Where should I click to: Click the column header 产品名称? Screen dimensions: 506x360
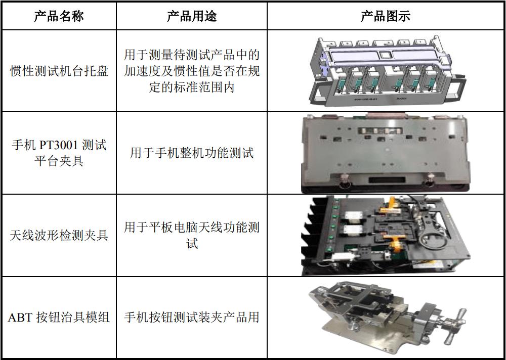pyautogui.click(x=59, y=16)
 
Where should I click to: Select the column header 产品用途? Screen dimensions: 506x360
pyautogui.click(x=192, y=16)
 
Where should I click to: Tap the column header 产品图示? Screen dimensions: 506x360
pyautogui.click(x=386, y=16)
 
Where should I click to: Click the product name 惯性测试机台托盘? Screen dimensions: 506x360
pyautogui.click(x=59, y=71)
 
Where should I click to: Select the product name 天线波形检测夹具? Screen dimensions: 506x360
pyautogui.click(x=59, y=235)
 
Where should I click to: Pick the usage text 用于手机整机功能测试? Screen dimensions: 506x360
pyautogui.click(x=192, y=153)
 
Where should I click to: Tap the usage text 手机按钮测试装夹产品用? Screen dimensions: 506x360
pyautogui.click(x=192, y=318)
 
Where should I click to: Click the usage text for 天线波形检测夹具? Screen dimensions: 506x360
pyautogui.click(x=192, y=235)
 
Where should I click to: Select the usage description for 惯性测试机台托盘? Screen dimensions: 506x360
pyautogui.click(x=192, y=71)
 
